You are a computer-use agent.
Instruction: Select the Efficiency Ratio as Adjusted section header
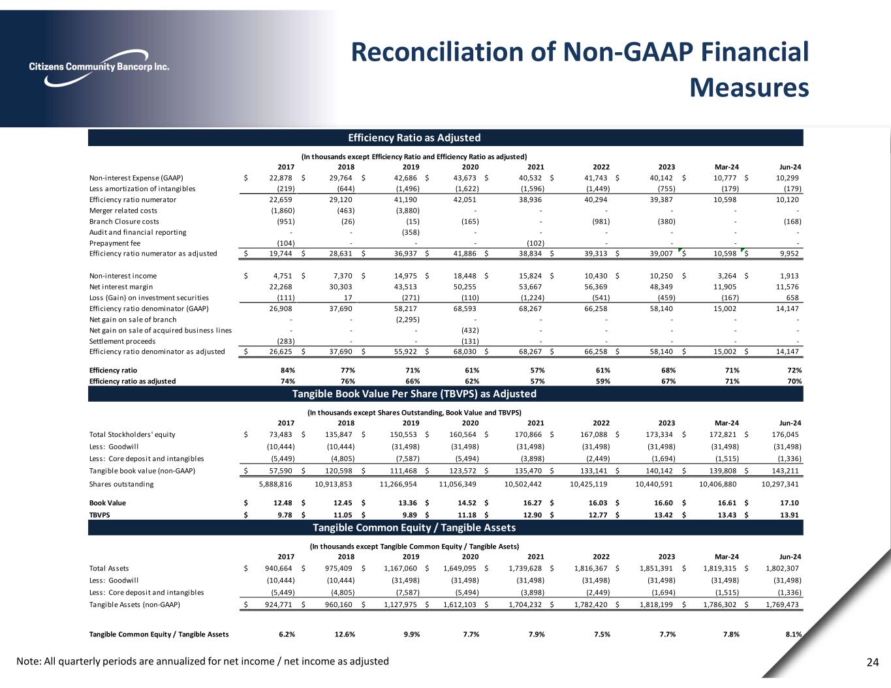pos(414,138)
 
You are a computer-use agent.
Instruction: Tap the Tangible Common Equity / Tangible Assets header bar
pos(414,527)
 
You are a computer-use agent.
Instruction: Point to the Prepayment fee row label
pos(115,243)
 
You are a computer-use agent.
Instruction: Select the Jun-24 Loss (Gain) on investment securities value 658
pos(792,297)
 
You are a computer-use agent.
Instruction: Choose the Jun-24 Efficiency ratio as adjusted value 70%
pos(793,381)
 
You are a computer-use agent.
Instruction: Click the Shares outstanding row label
pos(121,484)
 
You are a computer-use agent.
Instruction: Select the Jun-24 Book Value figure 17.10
pos(789,503)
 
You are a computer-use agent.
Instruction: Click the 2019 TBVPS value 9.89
pos(409,515)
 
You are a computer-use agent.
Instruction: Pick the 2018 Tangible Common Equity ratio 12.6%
pos(345,633)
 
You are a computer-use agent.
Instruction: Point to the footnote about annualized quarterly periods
pos(202,661)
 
